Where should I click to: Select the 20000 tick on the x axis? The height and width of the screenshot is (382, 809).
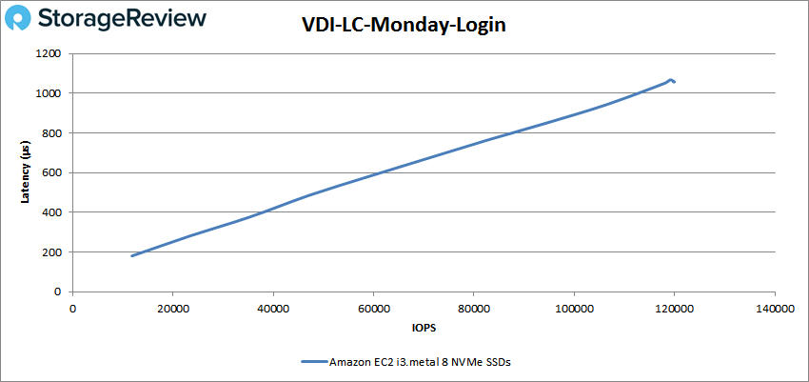(x=172, y=308)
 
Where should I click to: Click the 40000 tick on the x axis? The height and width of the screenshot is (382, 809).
(x=273, y=308)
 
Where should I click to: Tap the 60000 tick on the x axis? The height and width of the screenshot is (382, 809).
(x=373, y=308)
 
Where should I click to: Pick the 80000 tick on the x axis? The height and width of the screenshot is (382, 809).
(x=474, y=308)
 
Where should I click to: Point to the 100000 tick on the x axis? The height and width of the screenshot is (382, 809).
(x=574, y=308)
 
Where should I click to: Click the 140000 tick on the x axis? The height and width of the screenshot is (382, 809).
(x=775, y=308)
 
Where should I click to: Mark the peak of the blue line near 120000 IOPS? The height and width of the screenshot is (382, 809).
(x=671, y=80)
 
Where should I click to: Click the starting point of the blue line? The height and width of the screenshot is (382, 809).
(x=132, y=256)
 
